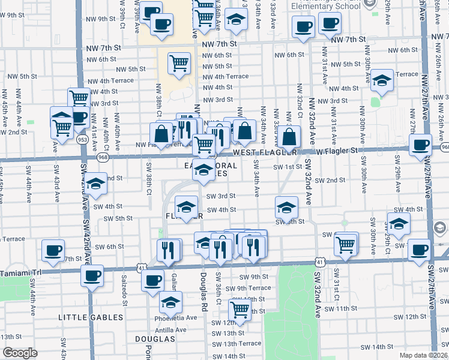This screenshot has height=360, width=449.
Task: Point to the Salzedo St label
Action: pos(125,291)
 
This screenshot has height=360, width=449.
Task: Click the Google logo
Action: pos(19,353)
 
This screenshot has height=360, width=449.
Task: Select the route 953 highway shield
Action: pos(83,140)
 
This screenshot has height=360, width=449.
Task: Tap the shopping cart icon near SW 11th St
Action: pos(240,309)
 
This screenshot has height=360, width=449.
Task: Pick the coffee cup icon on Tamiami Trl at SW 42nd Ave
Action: pos(92,276)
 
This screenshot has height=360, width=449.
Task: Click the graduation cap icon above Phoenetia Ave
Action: pos(171,304)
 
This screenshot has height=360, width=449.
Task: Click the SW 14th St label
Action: pos(373,347)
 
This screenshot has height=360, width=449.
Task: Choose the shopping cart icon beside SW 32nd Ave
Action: pos(346,244)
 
